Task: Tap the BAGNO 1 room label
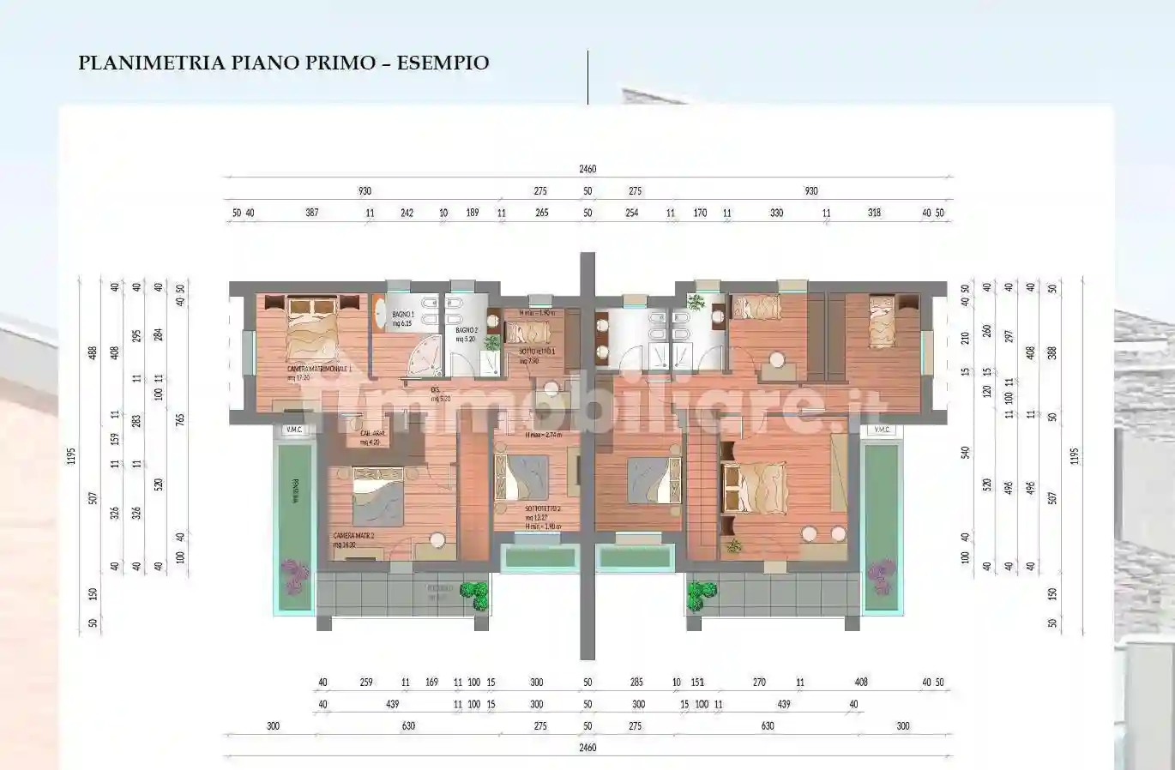pyautogui.click(x=403, y=319)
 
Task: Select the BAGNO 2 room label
pyautogui.click(x=466, y=334)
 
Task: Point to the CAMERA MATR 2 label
pyautogui.click(x=353, y=539)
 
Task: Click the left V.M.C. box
pyautogui.click(x=293, y=430)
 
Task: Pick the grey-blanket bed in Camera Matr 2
pyautogui.click(x=378, y=496)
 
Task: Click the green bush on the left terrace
pyautogui.click(x=473, y=593)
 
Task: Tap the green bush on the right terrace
pyautogui.click(x=702, y=593)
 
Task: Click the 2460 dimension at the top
pyautogui.click(x=587, y=169)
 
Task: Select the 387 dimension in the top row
pyautogui.click(x=312, y=213)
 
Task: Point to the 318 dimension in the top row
pyautogui.click(x=874, y=213)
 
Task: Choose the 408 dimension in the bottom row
pyautogui.click(x=861, y=683)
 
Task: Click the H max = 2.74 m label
pyautogui.click(x=543, y=436)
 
